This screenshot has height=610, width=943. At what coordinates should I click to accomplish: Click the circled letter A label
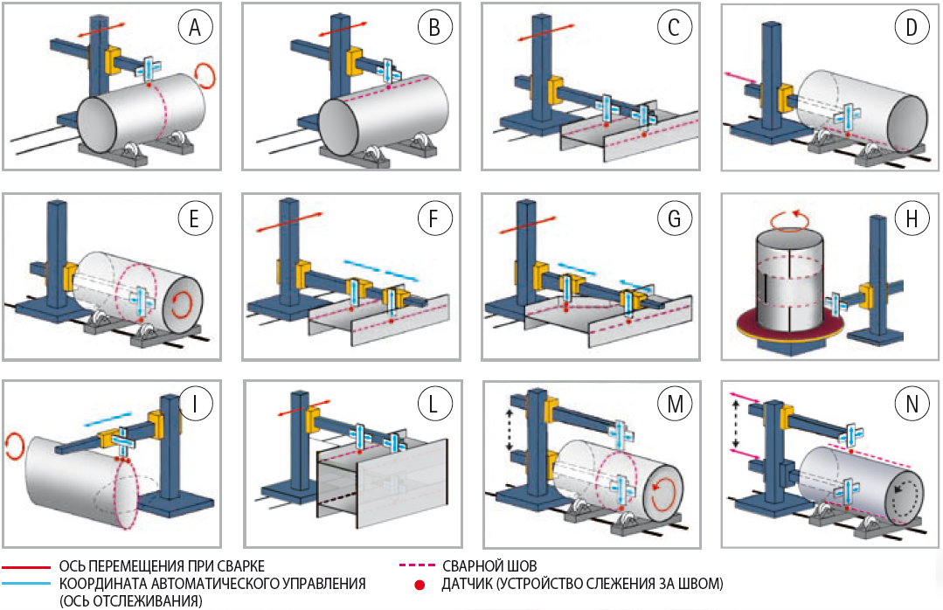tap(195, 29)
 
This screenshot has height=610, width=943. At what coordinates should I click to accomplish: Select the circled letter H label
tap(911, 218)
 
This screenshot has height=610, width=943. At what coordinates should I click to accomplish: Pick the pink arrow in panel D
tap(743, 80)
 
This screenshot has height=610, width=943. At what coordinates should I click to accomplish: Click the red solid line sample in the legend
tap(26, 565)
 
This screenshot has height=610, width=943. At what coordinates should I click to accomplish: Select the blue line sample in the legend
tap(26, 582)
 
